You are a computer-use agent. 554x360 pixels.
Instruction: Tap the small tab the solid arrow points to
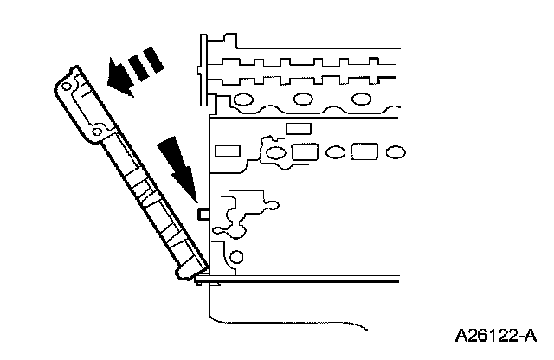(x=204, y=212)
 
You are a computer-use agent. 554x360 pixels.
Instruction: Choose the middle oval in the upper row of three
(x=305, y=97)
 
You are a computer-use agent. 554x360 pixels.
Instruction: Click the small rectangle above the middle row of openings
(x=298, y=128)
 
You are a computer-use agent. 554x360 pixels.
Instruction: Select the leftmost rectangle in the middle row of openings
(x=228, y=151)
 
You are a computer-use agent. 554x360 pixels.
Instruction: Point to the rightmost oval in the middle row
(x=395, y=153)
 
